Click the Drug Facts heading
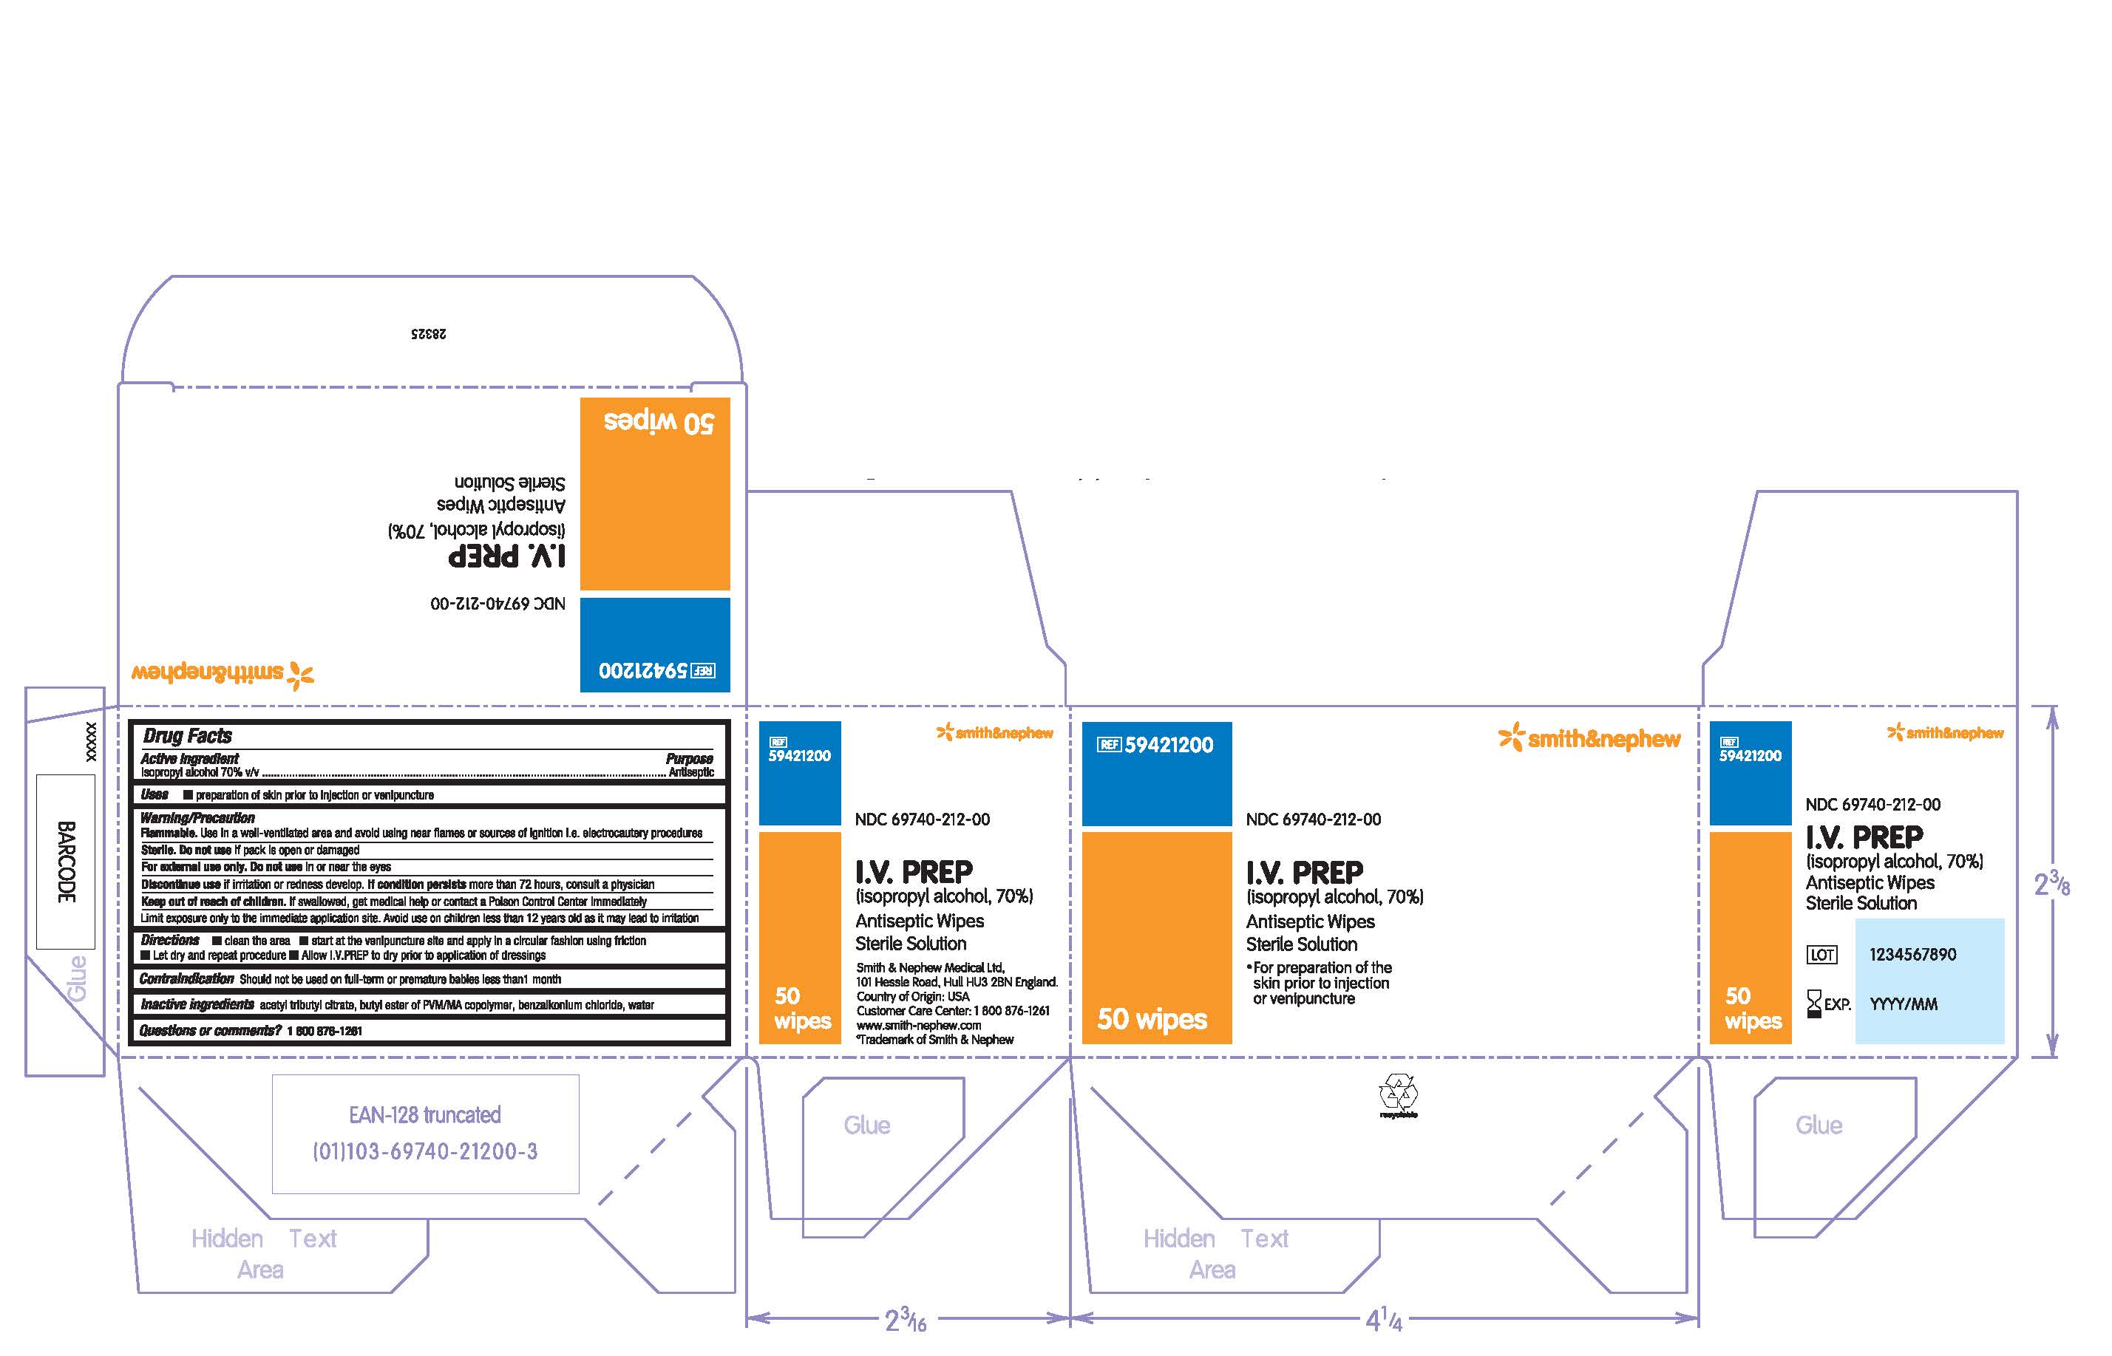tap(188, 736)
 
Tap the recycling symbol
tap(1398, 1092)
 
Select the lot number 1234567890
tap(1912, 955)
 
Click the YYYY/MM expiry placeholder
tap(1904, 1004)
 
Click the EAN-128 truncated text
tap(424, 1115)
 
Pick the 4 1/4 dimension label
tap(1384, 1320)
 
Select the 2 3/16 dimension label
tap(906, 1320)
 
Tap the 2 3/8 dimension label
tap(2051, 883)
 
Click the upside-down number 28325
tap(429, 334)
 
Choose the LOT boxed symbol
tap(1821, 955)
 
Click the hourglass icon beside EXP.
tap(1813, 1003)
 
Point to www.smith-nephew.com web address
tap(919, 1025)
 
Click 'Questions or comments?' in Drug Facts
tap(211, 1031)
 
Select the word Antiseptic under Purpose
tap(691, 772)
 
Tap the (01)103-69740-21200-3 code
tap(424, 1152)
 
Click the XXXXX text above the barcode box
tap(91, 741)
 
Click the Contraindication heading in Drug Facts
tap(187, 979)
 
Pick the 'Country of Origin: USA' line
tap(912, 997)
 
